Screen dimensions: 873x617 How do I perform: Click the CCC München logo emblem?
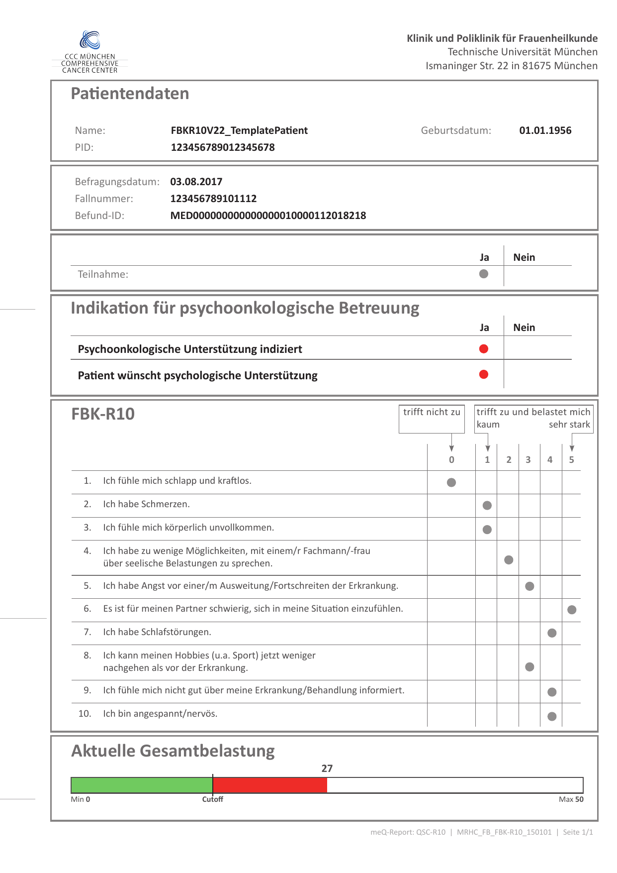coord(90,40)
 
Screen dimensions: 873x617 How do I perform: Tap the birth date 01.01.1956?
coord(545,130)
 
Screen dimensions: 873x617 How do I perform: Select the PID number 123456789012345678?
coord(222,147)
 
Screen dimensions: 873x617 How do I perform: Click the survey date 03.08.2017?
coord(196,182)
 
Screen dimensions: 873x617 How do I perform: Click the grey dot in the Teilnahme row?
coord(484,274)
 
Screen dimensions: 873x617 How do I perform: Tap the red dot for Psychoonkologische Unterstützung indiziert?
coord(484,349)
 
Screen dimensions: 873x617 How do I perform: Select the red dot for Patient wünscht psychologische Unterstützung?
coord(484,375)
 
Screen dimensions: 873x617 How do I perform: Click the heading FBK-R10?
coord(103,414)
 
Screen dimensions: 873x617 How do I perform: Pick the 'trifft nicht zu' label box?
coord(432,419)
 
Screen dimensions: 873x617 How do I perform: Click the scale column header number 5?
coord(571,460)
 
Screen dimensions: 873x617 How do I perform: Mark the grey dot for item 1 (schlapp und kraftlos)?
coord(451,482)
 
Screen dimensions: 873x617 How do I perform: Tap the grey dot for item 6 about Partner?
coord(572,610)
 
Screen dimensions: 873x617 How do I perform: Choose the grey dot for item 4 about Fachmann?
coord(509,560)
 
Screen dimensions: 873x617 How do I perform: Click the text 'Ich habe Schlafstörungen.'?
coord(157,632)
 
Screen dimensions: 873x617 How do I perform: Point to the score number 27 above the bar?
coord(327,768)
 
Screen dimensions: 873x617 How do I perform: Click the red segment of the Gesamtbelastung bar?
coord(270,785)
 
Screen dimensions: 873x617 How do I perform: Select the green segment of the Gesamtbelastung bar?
coord(142,785)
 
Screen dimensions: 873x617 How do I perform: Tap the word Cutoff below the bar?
coord(212,799)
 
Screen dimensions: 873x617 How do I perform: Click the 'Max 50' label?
coord(571,799)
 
